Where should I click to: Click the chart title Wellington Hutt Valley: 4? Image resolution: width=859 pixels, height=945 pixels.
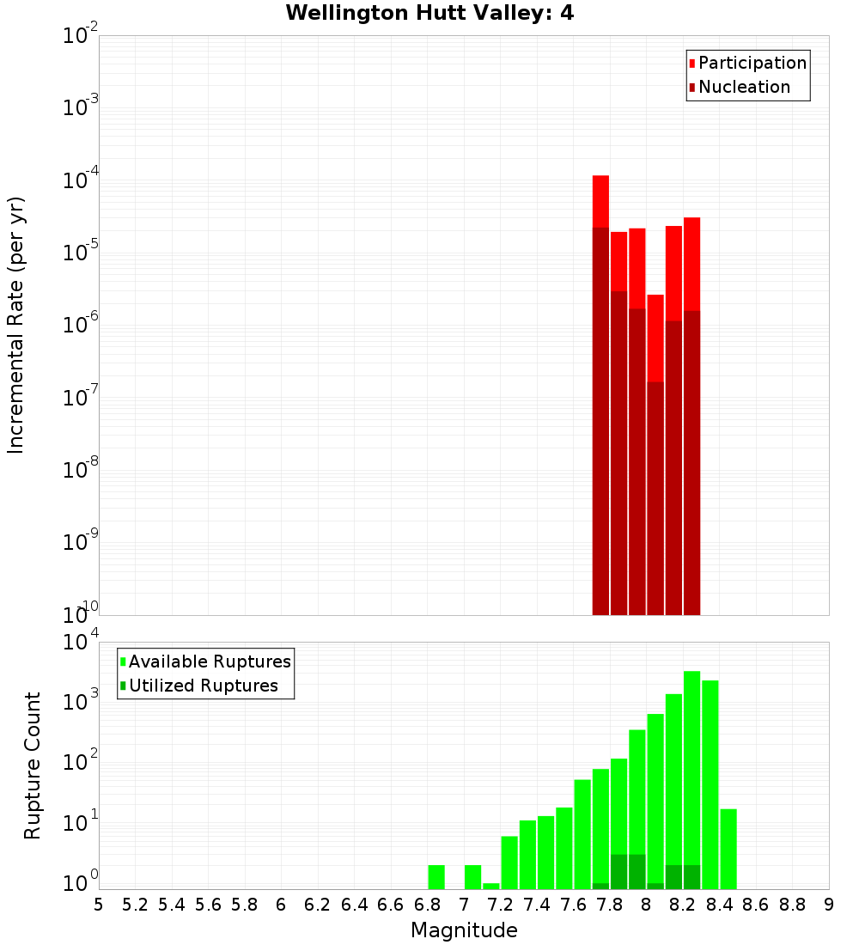pyautogui.click(x=429, y=13)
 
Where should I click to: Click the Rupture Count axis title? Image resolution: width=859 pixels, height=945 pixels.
pyautogui.click(x=33, y=765)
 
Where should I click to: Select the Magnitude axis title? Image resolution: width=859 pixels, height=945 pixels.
pyautogui.click(x=464, y=930)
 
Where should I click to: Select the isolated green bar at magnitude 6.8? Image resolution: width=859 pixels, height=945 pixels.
pyautogui.click(x=436, y=876)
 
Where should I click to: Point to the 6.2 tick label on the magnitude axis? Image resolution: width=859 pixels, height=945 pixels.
pyautogui.click(x=318, y=905)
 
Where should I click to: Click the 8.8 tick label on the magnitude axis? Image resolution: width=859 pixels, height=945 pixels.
pyautogui.click(x=792, y=905)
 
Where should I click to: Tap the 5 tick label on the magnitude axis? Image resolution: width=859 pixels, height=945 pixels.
pyautogui.click(x=99, y=905)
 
